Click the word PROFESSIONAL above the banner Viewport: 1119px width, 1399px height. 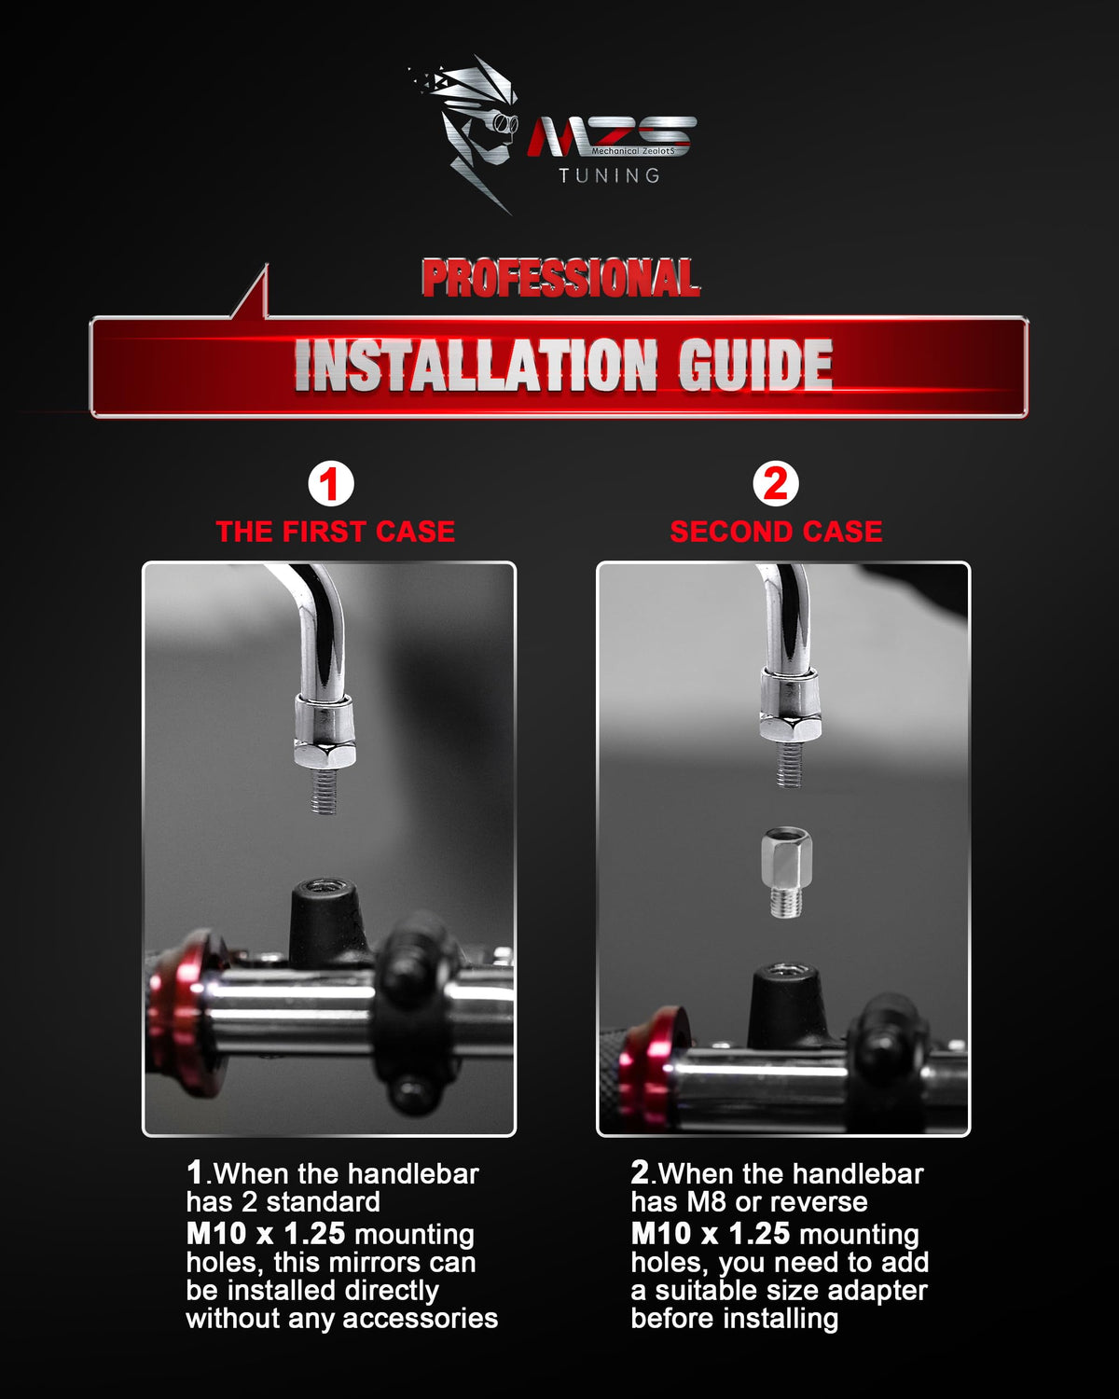[x=560, y=278]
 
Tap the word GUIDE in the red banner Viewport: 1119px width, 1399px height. [x=755, y=365]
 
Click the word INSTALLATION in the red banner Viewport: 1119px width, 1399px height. [x=476, y=365]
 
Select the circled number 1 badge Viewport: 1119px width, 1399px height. [x=331, y=484]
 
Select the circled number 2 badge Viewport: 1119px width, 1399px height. [x=776, y=484]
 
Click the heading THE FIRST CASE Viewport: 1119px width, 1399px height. [x=336, y=532]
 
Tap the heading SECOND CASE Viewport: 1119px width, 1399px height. [x=777, y=532]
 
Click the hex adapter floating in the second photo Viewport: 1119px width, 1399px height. [x=787, y=872]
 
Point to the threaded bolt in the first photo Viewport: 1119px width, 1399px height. [x=324, y=791]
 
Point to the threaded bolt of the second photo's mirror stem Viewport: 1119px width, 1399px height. [x=789, y=765]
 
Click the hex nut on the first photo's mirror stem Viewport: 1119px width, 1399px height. [x=325, y=755]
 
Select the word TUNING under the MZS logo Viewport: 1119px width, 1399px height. [x=610, y=175]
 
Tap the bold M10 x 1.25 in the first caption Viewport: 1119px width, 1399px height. [x=265, y=1234]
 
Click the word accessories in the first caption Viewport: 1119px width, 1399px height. [x=420, y=1319]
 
